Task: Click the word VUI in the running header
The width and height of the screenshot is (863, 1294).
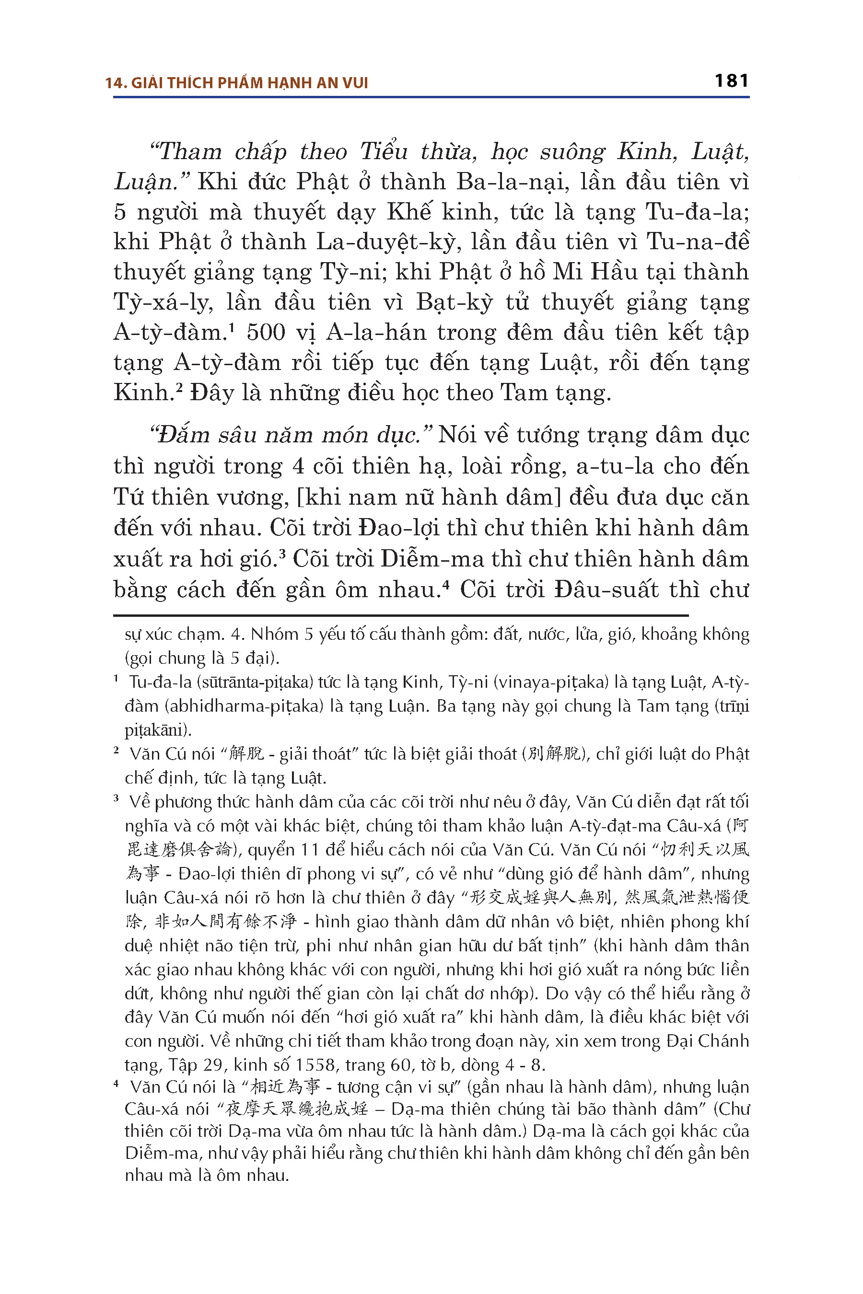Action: point(355,83)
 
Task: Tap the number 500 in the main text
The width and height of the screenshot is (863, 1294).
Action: point(266,332)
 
